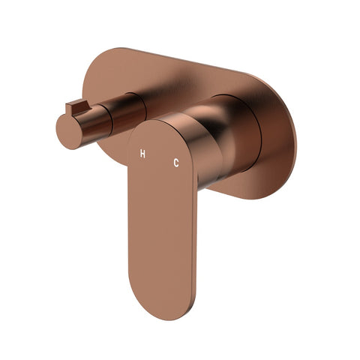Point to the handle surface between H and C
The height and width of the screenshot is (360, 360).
pos(159,157)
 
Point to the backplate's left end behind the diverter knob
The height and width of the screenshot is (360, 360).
pos(105,82)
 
